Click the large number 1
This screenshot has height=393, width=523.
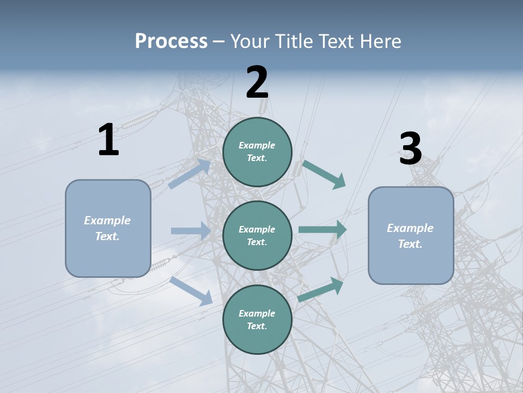(108, 140)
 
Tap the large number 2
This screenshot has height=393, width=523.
(257, 82)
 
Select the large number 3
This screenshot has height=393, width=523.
(411, 149)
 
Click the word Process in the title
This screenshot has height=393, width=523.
(171, 41)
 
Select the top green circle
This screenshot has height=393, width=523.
(257, 152)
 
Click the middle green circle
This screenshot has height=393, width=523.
(257, 235)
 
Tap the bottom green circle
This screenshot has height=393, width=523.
(257, 319)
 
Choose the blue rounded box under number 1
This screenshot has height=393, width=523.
(108, 228)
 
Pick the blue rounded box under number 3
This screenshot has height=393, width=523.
(411, 236)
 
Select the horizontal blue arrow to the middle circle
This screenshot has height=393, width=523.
(191, 231)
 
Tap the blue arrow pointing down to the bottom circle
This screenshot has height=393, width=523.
(191, 291)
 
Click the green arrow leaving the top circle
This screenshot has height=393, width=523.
(324, 174)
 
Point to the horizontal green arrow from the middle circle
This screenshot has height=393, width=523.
(323, 230)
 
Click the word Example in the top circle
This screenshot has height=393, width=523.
(257, 145)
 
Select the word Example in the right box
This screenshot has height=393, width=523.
(410, 228)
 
